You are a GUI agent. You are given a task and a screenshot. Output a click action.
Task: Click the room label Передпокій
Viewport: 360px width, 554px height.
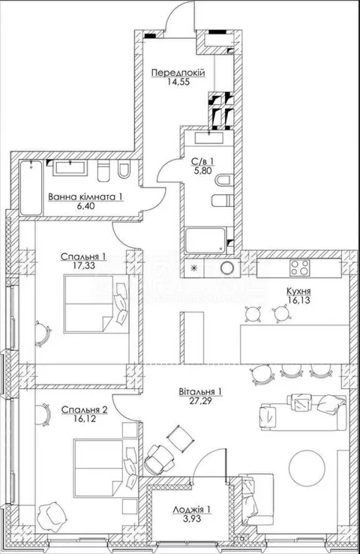(x=178, y=73)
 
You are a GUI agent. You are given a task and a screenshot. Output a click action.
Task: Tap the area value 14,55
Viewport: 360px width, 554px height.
(x=178, y=82)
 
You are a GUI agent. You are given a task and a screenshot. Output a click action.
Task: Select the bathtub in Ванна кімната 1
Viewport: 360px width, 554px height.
(x=31, y=187)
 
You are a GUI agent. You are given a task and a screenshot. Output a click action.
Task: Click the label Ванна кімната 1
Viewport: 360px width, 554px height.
(x=85, y=196)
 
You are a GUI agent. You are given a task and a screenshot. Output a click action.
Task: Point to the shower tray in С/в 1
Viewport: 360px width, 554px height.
(x=205, y=240)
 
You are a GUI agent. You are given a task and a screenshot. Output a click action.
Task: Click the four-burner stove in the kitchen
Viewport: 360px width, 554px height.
(x=299, y=268)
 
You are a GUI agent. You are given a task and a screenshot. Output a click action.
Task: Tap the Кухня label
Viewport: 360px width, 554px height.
(x=298, y=292)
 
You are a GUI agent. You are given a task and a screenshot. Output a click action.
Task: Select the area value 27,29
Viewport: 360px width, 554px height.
(x=200, y=400)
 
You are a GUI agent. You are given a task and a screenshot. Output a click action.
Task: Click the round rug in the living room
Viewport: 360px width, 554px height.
(x=307, y=468)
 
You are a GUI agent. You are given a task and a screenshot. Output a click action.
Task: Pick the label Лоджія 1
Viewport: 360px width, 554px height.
(x=192, y=511)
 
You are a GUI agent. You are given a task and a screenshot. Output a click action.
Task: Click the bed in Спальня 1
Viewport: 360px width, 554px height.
(x=96, y=304)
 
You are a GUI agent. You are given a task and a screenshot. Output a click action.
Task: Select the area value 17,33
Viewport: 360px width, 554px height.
(x=83, y=265)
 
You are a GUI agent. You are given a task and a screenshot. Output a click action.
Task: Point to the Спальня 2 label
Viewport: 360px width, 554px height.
(x=84, y=410)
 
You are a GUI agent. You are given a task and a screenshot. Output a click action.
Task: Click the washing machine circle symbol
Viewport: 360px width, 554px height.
(x=226, y=267)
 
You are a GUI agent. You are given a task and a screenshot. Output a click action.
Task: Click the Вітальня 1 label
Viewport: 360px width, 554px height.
(x=200, y=392)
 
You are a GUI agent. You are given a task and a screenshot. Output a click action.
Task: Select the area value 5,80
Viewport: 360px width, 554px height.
(x=202, y=170)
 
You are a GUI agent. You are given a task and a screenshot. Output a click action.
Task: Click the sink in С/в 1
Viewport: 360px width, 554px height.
(x=209, y=137)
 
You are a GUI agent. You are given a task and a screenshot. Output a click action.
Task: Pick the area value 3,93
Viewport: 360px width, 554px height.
(x=193, y=519)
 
